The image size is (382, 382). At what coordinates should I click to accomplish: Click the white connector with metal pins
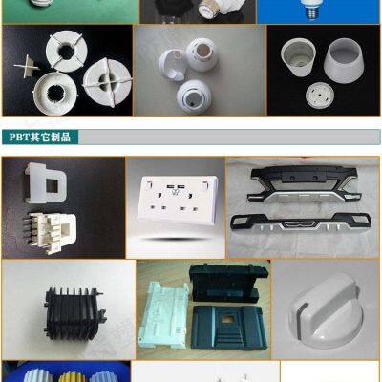44,229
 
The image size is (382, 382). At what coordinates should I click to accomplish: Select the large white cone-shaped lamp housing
338,71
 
